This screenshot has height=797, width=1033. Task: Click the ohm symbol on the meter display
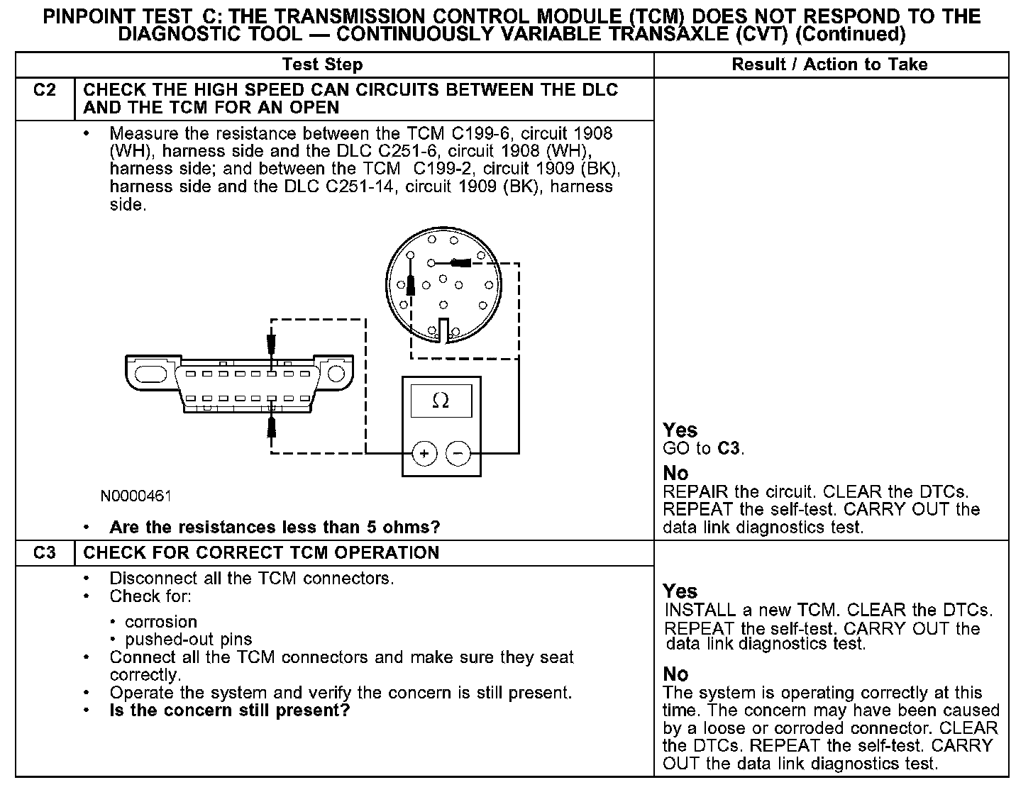click(x=441, y=401)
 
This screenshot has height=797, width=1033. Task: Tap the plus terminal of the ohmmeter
click(x=424, y=453)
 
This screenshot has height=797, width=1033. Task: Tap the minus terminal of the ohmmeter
click(x=458, y=453)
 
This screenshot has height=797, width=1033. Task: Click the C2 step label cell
click(x=45, y=91)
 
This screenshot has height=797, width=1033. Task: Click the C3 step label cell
click(x=45, y=553)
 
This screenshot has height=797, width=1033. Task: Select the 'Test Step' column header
click(x=322, y=65)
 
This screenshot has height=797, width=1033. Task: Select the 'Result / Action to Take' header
click(x=829, y=65)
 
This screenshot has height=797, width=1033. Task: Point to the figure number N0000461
click(x=136, y=496)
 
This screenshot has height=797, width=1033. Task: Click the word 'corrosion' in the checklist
click(x=161, y=622)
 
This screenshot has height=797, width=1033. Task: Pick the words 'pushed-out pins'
click(x=189, y=640)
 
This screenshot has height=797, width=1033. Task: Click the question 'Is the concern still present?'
click(x=230, y=710)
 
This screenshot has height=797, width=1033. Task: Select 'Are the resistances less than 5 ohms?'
click(x=275, y=528)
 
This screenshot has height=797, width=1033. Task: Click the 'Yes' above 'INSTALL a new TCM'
click(x=680, y=591)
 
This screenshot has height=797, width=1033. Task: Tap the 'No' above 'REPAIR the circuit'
click(x=675, y=473)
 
